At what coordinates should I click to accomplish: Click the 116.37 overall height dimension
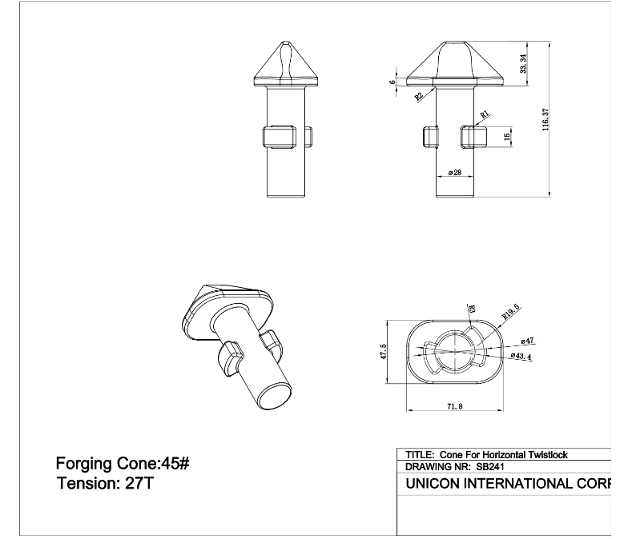point(545,120)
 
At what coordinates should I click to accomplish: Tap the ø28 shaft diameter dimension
point(454,173)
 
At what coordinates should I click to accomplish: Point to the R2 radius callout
point(419,97)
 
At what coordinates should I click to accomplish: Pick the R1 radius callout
point(485,115)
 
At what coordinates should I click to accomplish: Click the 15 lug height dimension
point(507,138)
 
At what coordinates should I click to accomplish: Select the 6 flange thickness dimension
point(392,82)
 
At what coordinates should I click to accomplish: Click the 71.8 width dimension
point(453,407)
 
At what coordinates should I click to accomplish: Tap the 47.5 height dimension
point(384,353)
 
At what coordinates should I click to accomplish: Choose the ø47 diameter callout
point(526,341)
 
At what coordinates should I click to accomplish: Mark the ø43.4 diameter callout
point(522,356)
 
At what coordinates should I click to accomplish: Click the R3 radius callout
point(472,308)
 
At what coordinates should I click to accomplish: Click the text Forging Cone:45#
point(122,463)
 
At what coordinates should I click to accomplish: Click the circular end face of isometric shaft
point(274,397)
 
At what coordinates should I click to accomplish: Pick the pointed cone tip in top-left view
point(286,42)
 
